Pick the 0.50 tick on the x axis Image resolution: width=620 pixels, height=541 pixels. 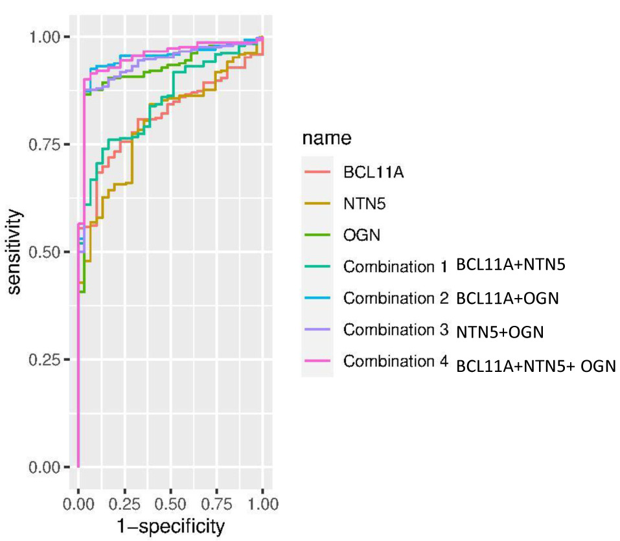(x=170, y=503)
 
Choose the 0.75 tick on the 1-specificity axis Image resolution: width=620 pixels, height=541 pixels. (x=216, y=503)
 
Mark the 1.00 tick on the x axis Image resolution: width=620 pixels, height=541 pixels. (x=262, y=503)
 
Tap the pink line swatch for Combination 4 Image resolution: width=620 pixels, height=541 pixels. (x=317, y=361)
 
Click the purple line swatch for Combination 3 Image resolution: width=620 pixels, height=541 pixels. (x=317, y=329)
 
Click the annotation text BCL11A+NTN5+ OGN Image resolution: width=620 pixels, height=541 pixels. (x=535, y=365)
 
